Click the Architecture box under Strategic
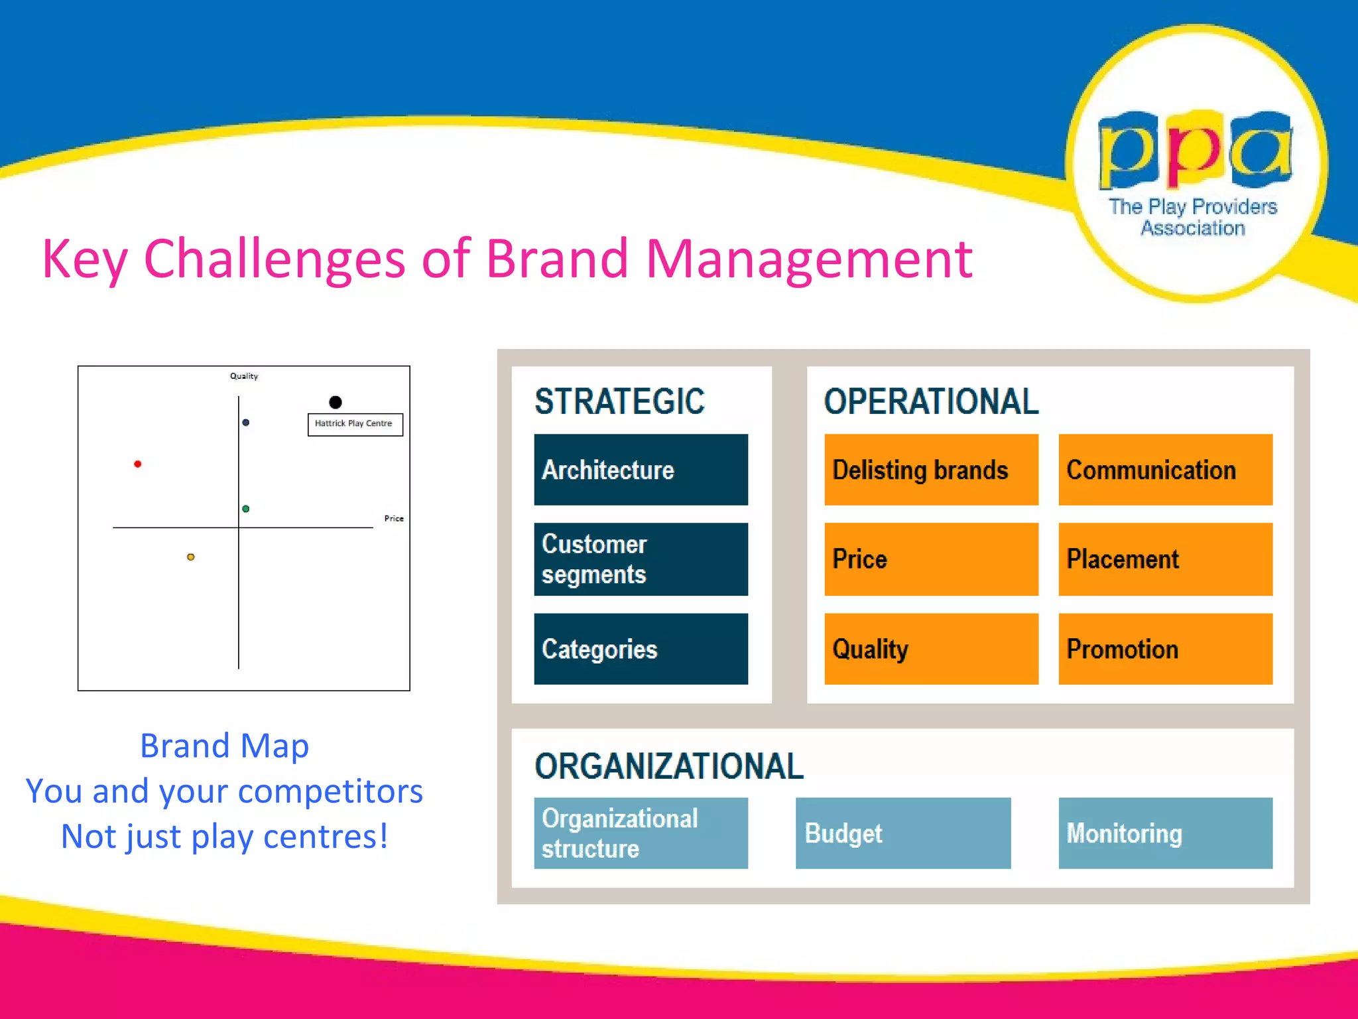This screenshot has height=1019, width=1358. coord(641,470)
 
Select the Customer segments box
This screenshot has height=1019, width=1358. coord(641,559)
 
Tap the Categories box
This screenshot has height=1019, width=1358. coord(641,649)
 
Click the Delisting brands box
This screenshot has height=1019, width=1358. coord(931,470)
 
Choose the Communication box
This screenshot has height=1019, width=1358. coord(1165,470)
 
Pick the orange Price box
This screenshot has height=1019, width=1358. coord(931,559)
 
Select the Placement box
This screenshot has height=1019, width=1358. coord(1165,559)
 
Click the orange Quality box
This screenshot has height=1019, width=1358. coord(931,649)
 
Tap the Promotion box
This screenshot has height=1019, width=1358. coord(1165,649)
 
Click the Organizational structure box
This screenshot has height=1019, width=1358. coord(641,833)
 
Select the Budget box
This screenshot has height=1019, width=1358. coord(903,833)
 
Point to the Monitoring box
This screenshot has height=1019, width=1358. coord(1165,833)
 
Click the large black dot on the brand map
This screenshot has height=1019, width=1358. coord(336,402)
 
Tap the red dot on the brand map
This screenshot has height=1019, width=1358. coord(137,464)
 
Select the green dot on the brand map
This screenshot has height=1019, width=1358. coord(246,509)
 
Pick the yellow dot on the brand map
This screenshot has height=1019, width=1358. coord(191,557)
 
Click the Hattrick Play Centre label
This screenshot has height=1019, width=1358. coord(355,424)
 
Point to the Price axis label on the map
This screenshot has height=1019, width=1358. coord(394,519)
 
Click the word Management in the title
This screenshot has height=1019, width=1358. coord(808,259)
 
